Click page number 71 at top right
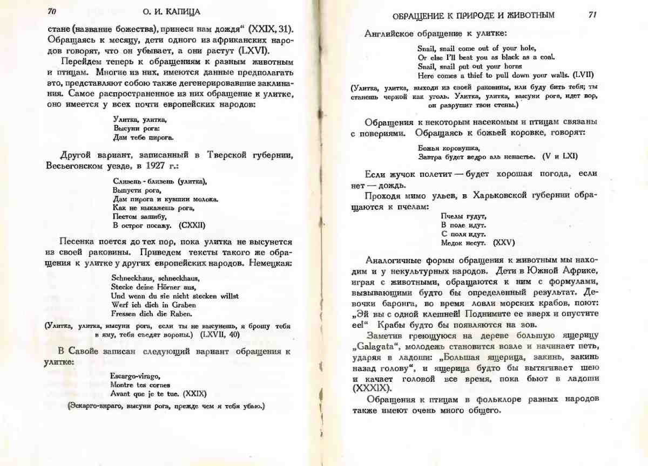point(592,15)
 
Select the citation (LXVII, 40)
point(218,334)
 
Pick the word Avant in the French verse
point(120,394)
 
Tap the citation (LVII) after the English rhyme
point(584,75)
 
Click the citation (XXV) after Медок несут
point(504,243)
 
